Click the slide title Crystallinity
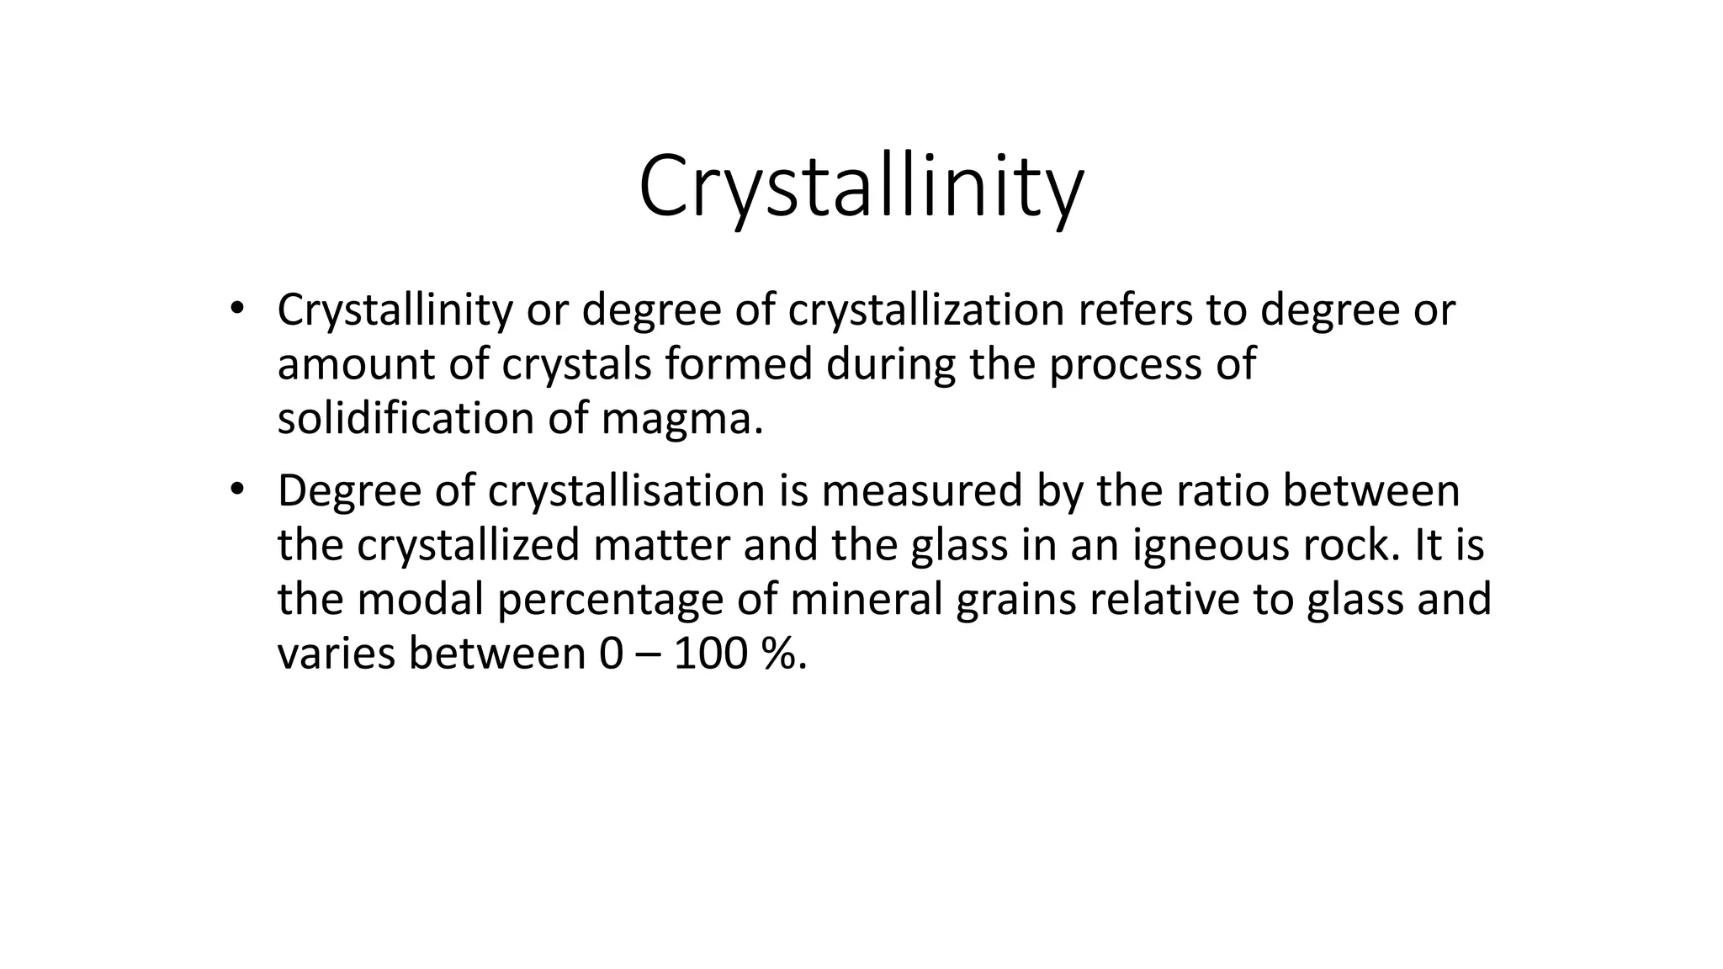[x=861, y=187]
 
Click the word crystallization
[x=926, y=310]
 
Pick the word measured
[x=921, y=491]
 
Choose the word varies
[x=336, y=654]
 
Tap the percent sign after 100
[x=782, y=654]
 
